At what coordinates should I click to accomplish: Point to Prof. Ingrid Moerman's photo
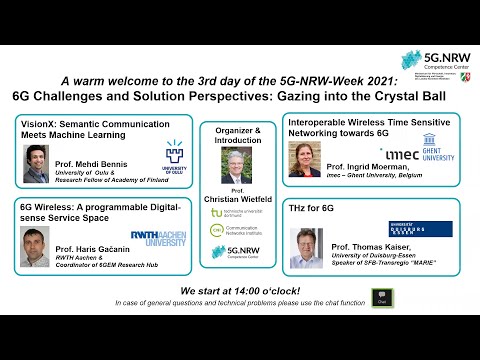click(304, 158)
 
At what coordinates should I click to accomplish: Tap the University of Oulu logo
click(174, 155)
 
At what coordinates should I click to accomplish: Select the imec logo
click(400, 154)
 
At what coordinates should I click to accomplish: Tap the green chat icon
click(381, 298)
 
